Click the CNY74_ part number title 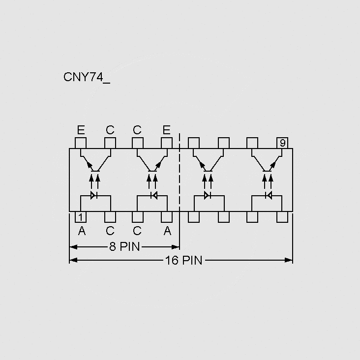(x=87, y=77)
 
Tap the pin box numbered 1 (x=81, y=217)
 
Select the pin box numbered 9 (x=282, y=143)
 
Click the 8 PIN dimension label (x=124, y=246)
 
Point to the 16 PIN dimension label (x=183, y=260)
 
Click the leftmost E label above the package (x=81, y=130)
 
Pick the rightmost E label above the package (x=166, y=130)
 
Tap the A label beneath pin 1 (x=82, y=231)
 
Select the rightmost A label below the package (x=167, y=231)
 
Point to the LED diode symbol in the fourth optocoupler (x=268, y=195)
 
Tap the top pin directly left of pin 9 (x=252, y=143)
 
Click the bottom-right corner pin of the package (x=282, y=217)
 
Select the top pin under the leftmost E (x=81, y=143)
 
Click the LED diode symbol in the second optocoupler (x=153, y=195)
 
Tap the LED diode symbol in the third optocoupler (x=208, y=195)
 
